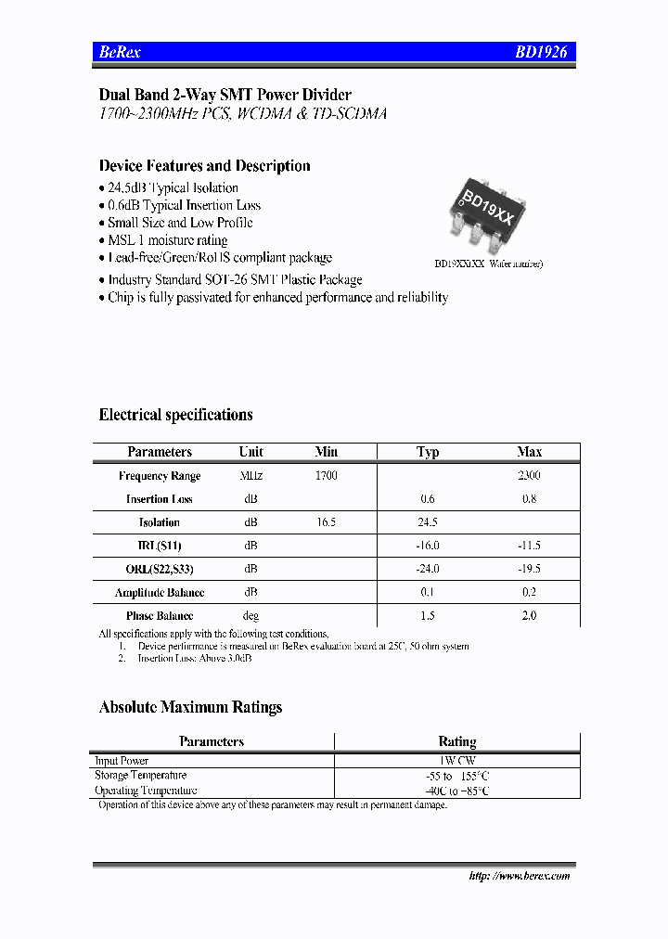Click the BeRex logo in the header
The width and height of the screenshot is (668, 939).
point(120,53)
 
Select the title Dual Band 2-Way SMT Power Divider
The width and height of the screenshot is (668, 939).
point(225,95)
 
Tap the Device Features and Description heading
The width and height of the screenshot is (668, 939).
point(204,166)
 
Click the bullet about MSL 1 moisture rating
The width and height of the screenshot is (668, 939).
point(167,240)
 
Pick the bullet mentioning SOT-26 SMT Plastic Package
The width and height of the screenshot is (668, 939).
point(234,279)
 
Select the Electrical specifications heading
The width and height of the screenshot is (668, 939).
point(175,415)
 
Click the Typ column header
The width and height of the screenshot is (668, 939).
point(428,452)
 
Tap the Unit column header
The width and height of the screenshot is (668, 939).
point(250,452)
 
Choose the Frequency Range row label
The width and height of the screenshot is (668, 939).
point(160,476)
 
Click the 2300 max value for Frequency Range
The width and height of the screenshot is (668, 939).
point(529,475)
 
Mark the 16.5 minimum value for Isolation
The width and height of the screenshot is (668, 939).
point(326,522)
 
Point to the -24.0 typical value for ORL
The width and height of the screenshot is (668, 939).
point(428,569)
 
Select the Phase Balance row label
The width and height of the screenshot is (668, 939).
point(160,616)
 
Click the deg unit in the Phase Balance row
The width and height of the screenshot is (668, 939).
point(250,616)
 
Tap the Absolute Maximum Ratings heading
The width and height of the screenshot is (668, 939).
point(190,707)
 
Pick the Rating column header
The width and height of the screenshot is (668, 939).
point(456,741)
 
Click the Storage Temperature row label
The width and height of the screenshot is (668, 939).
point(141,775)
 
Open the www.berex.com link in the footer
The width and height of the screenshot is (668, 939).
point(520,876)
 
